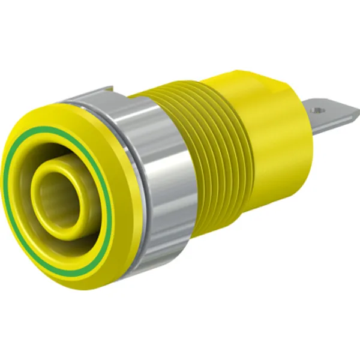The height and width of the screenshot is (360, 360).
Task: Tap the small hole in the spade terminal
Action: [319, 110]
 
